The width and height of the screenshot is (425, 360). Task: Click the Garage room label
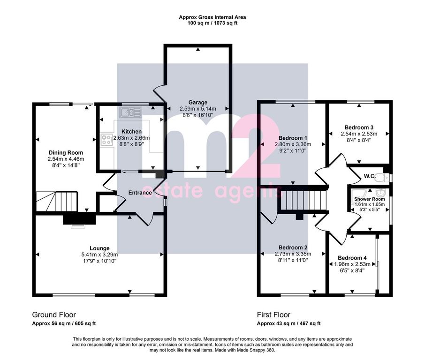(x=198, y=102)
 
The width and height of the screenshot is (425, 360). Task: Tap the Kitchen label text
(x=131, y=132)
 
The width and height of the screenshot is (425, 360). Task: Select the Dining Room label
(x=66, y=153)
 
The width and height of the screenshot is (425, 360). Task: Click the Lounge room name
(x=100, y=248)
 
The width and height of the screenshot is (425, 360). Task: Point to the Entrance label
(x=140, y=193)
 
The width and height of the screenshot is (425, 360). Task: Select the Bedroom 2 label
(x=293, y=247)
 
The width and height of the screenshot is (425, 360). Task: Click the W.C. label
(x=370, y=176)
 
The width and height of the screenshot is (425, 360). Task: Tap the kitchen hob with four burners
(x=107, y=140)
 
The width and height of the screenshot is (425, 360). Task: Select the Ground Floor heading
(x=54, y=315)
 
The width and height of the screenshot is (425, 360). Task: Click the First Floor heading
(x=273, y=315)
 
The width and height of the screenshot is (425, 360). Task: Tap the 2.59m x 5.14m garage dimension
(x=198, y=109)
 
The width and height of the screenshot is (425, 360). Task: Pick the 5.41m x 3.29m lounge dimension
(x=100, y=255)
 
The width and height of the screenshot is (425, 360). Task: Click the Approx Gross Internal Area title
(x=212, y=17)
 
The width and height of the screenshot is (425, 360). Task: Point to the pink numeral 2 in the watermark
(x=255, y=146)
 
